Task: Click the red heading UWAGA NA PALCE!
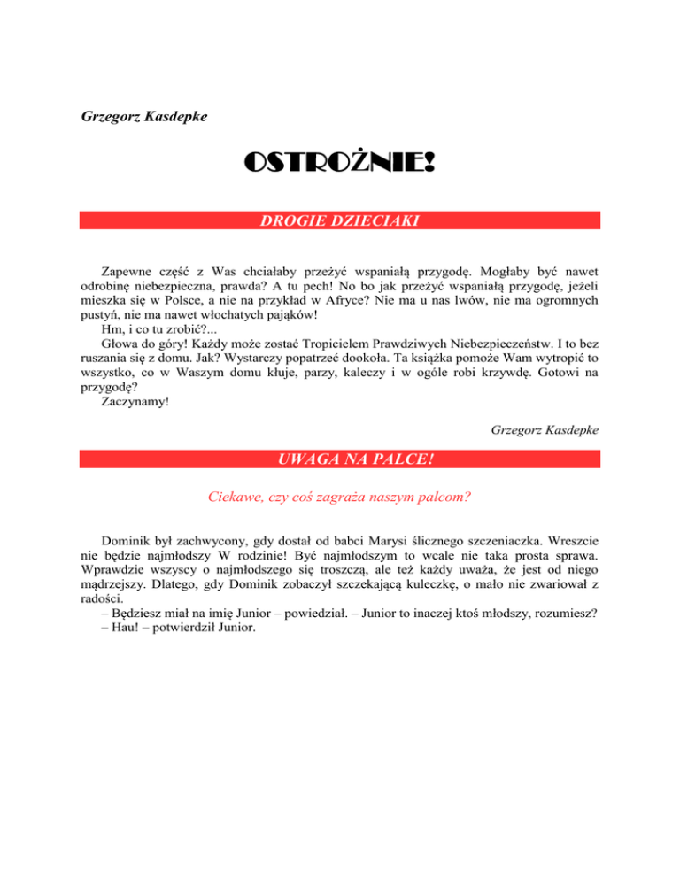(x=339, y=460)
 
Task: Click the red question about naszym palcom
(x=339, y=498)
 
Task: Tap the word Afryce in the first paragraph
(x=383, y=299)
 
